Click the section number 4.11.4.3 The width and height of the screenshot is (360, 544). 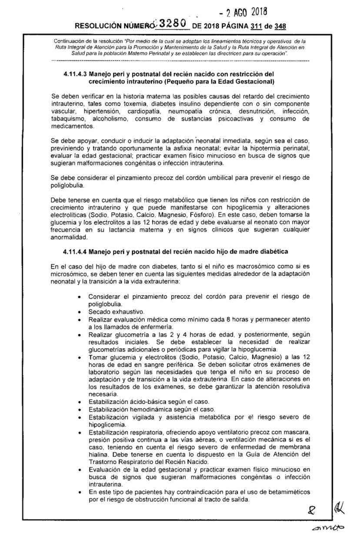coord(76,74)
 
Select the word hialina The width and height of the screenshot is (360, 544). coord(98,454)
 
